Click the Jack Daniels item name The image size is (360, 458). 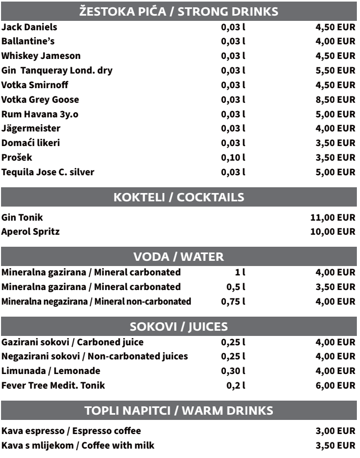(30, 27)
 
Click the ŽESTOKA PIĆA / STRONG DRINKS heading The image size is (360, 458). (179, 11)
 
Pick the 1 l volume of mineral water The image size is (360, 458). (240, 272)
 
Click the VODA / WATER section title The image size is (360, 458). (179, 257)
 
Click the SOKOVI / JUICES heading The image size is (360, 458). (179, 328)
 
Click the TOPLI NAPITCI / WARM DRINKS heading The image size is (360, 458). (179, 411)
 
